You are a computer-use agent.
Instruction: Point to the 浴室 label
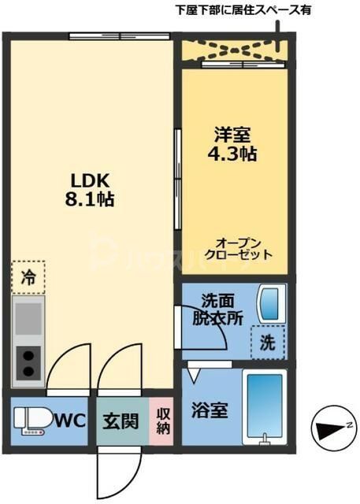point(210,410)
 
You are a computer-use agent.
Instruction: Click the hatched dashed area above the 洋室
point(234,50)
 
